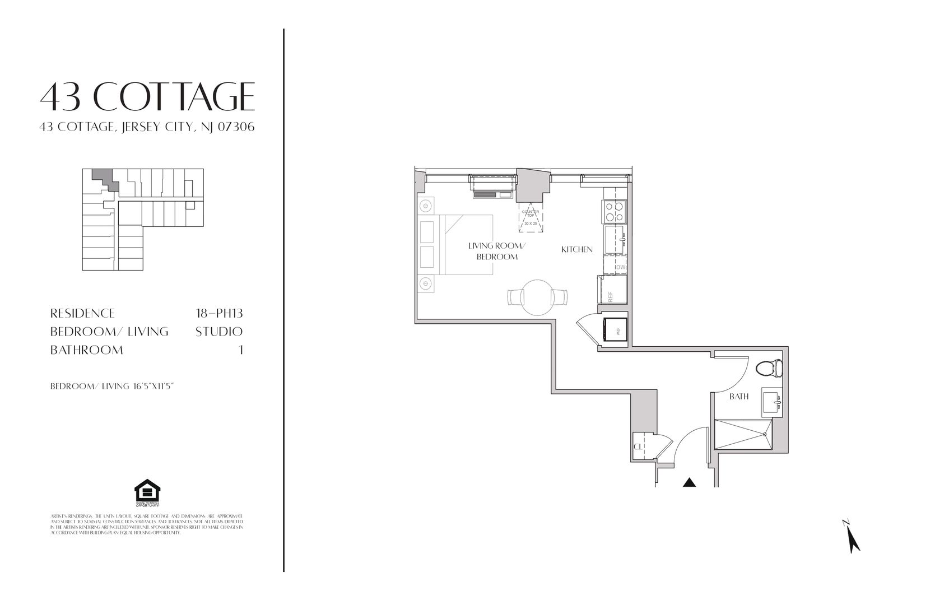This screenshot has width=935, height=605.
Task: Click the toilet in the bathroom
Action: click(769, 368)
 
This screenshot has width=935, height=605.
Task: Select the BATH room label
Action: click(739, 397)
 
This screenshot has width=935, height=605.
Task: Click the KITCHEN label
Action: click(576, 249)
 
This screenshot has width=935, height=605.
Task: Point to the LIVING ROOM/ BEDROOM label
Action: click(497, 251)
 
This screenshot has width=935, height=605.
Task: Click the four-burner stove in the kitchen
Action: click(614, 212)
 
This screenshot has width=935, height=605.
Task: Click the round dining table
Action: click(537, 296)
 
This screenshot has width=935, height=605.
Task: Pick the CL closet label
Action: click(638, 446)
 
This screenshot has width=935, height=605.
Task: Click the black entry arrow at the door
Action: click(689, 482)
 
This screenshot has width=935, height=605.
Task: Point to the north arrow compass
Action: click(852, 537)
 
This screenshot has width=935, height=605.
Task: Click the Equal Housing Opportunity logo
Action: click(147, 494)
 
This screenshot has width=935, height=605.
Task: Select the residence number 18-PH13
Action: click(216, 313)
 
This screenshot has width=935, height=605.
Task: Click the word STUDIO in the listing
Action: click(218, 332)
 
